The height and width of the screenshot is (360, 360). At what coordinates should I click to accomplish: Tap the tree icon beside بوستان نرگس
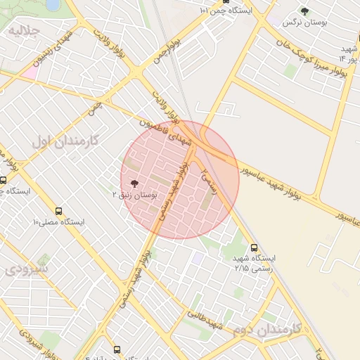[x=304, y=11]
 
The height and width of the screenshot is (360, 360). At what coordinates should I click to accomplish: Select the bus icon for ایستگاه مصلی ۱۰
[x=58, y=210]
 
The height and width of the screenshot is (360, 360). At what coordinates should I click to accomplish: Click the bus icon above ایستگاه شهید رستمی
[x=254, y=247]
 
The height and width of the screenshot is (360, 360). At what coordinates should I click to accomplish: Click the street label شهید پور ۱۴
[x=348, y=53]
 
